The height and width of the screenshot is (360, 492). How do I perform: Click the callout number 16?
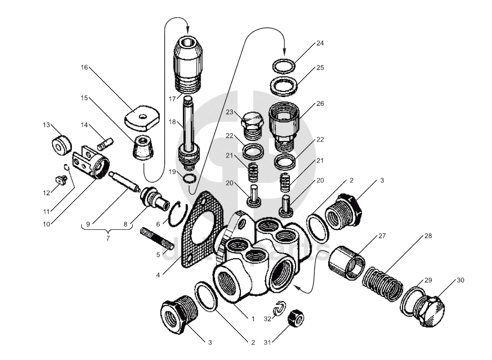[x=85, y=68]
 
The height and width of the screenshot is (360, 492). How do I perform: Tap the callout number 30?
[x=460, y=281]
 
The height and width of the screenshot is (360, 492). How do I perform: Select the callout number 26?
[x=320, y=103]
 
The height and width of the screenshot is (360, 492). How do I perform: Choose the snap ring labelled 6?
[x=178, y=213]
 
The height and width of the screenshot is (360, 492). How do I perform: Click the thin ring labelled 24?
[x=284, y=67]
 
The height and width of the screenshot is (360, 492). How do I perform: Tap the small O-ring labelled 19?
[x=190, y=179]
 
